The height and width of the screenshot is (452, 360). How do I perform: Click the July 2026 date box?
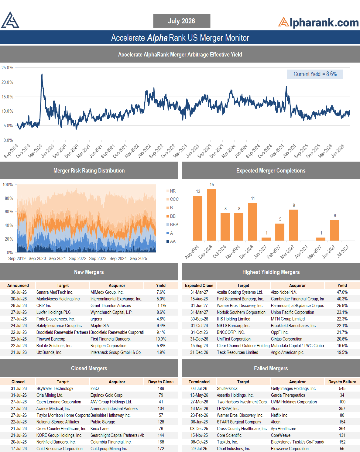click(182, 21)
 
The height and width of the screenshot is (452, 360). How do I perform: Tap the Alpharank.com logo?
click(318, 23)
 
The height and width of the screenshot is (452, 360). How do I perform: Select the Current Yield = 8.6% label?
click(315, 74)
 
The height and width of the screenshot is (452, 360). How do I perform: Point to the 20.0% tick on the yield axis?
click(7, 82)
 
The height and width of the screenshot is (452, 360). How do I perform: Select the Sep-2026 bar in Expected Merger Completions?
click(211, 215)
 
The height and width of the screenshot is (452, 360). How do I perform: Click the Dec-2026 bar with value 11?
click(252, 222)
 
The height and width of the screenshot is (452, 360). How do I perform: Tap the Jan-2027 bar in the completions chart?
click(266, 239)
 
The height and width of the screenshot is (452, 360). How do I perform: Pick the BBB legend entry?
click(172, 225)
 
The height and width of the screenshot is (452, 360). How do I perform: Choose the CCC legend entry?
click(173, 199)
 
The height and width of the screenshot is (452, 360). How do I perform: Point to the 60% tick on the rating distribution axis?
click(9, 212)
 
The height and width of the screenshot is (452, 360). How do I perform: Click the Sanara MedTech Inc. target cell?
click(55, 292)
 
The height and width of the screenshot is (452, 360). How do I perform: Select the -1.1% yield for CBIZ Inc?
click(161, 306)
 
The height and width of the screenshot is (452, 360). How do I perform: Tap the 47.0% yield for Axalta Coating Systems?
click(342, 292)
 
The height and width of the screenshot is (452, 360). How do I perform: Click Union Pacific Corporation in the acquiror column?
click(292, 312)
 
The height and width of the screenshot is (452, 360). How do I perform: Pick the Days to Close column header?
click(161, 382)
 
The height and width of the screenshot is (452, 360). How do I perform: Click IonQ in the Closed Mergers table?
click(95, 389)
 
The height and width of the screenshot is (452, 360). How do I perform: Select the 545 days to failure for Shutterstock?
click(342, 389)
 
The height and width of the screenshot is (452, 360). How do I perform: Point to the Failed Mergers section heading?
click(271, 368)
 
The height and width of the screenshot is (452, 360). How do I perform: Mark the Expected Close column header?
click(199, 286)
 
